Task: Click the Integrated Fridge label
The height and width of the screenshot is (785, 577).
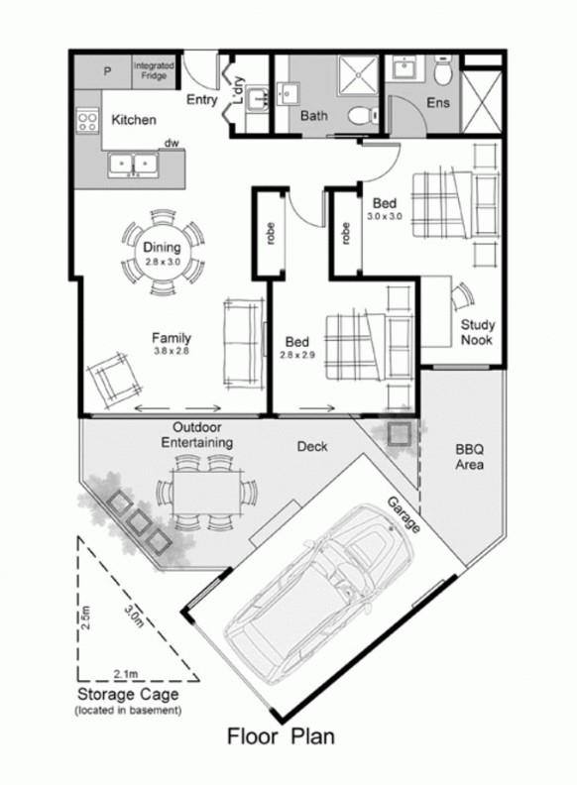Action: tap(154, 70)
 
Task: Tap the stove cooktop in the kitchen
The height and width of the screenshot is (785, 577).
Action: tap(87, 121)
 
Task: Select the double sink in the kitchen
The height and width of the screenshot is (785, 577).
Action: tap(133, 165)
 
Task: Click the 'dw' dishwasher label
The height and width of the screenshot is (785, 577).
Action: tap(172, 143)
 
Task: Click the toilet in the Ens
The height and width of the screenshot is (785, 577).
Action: tap(443, 70)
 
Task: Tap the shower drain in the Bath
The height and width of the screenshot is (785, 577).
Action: tap(358, 75)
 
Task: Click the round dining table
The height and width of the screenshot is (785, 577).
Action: tap(162, 254)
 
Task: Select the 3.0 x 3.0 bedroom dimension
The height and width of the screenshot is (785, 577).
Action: tap(385, 217)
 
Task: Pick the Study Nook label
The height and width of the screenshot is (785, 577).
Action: tap(477, 332)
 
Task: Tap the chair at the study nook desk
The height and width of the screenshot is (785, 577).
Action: tap(463, 297)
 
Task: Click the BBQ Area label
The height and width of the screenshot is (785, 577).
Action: tap(470, 457)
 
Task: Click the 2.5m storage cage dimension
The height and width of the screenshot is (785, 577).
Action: tap(85, 617)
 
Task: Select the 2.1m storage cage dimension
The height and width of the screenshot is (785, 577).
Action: tap(125, 674)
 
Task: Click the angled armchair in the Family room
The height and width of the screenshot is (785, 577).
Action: tap(113, 380)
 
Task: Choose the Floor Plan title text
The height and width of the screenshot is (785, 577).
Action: tap(281, 736)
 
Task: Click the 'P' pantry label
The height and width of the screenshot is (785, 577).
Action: tap(107, 71)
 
